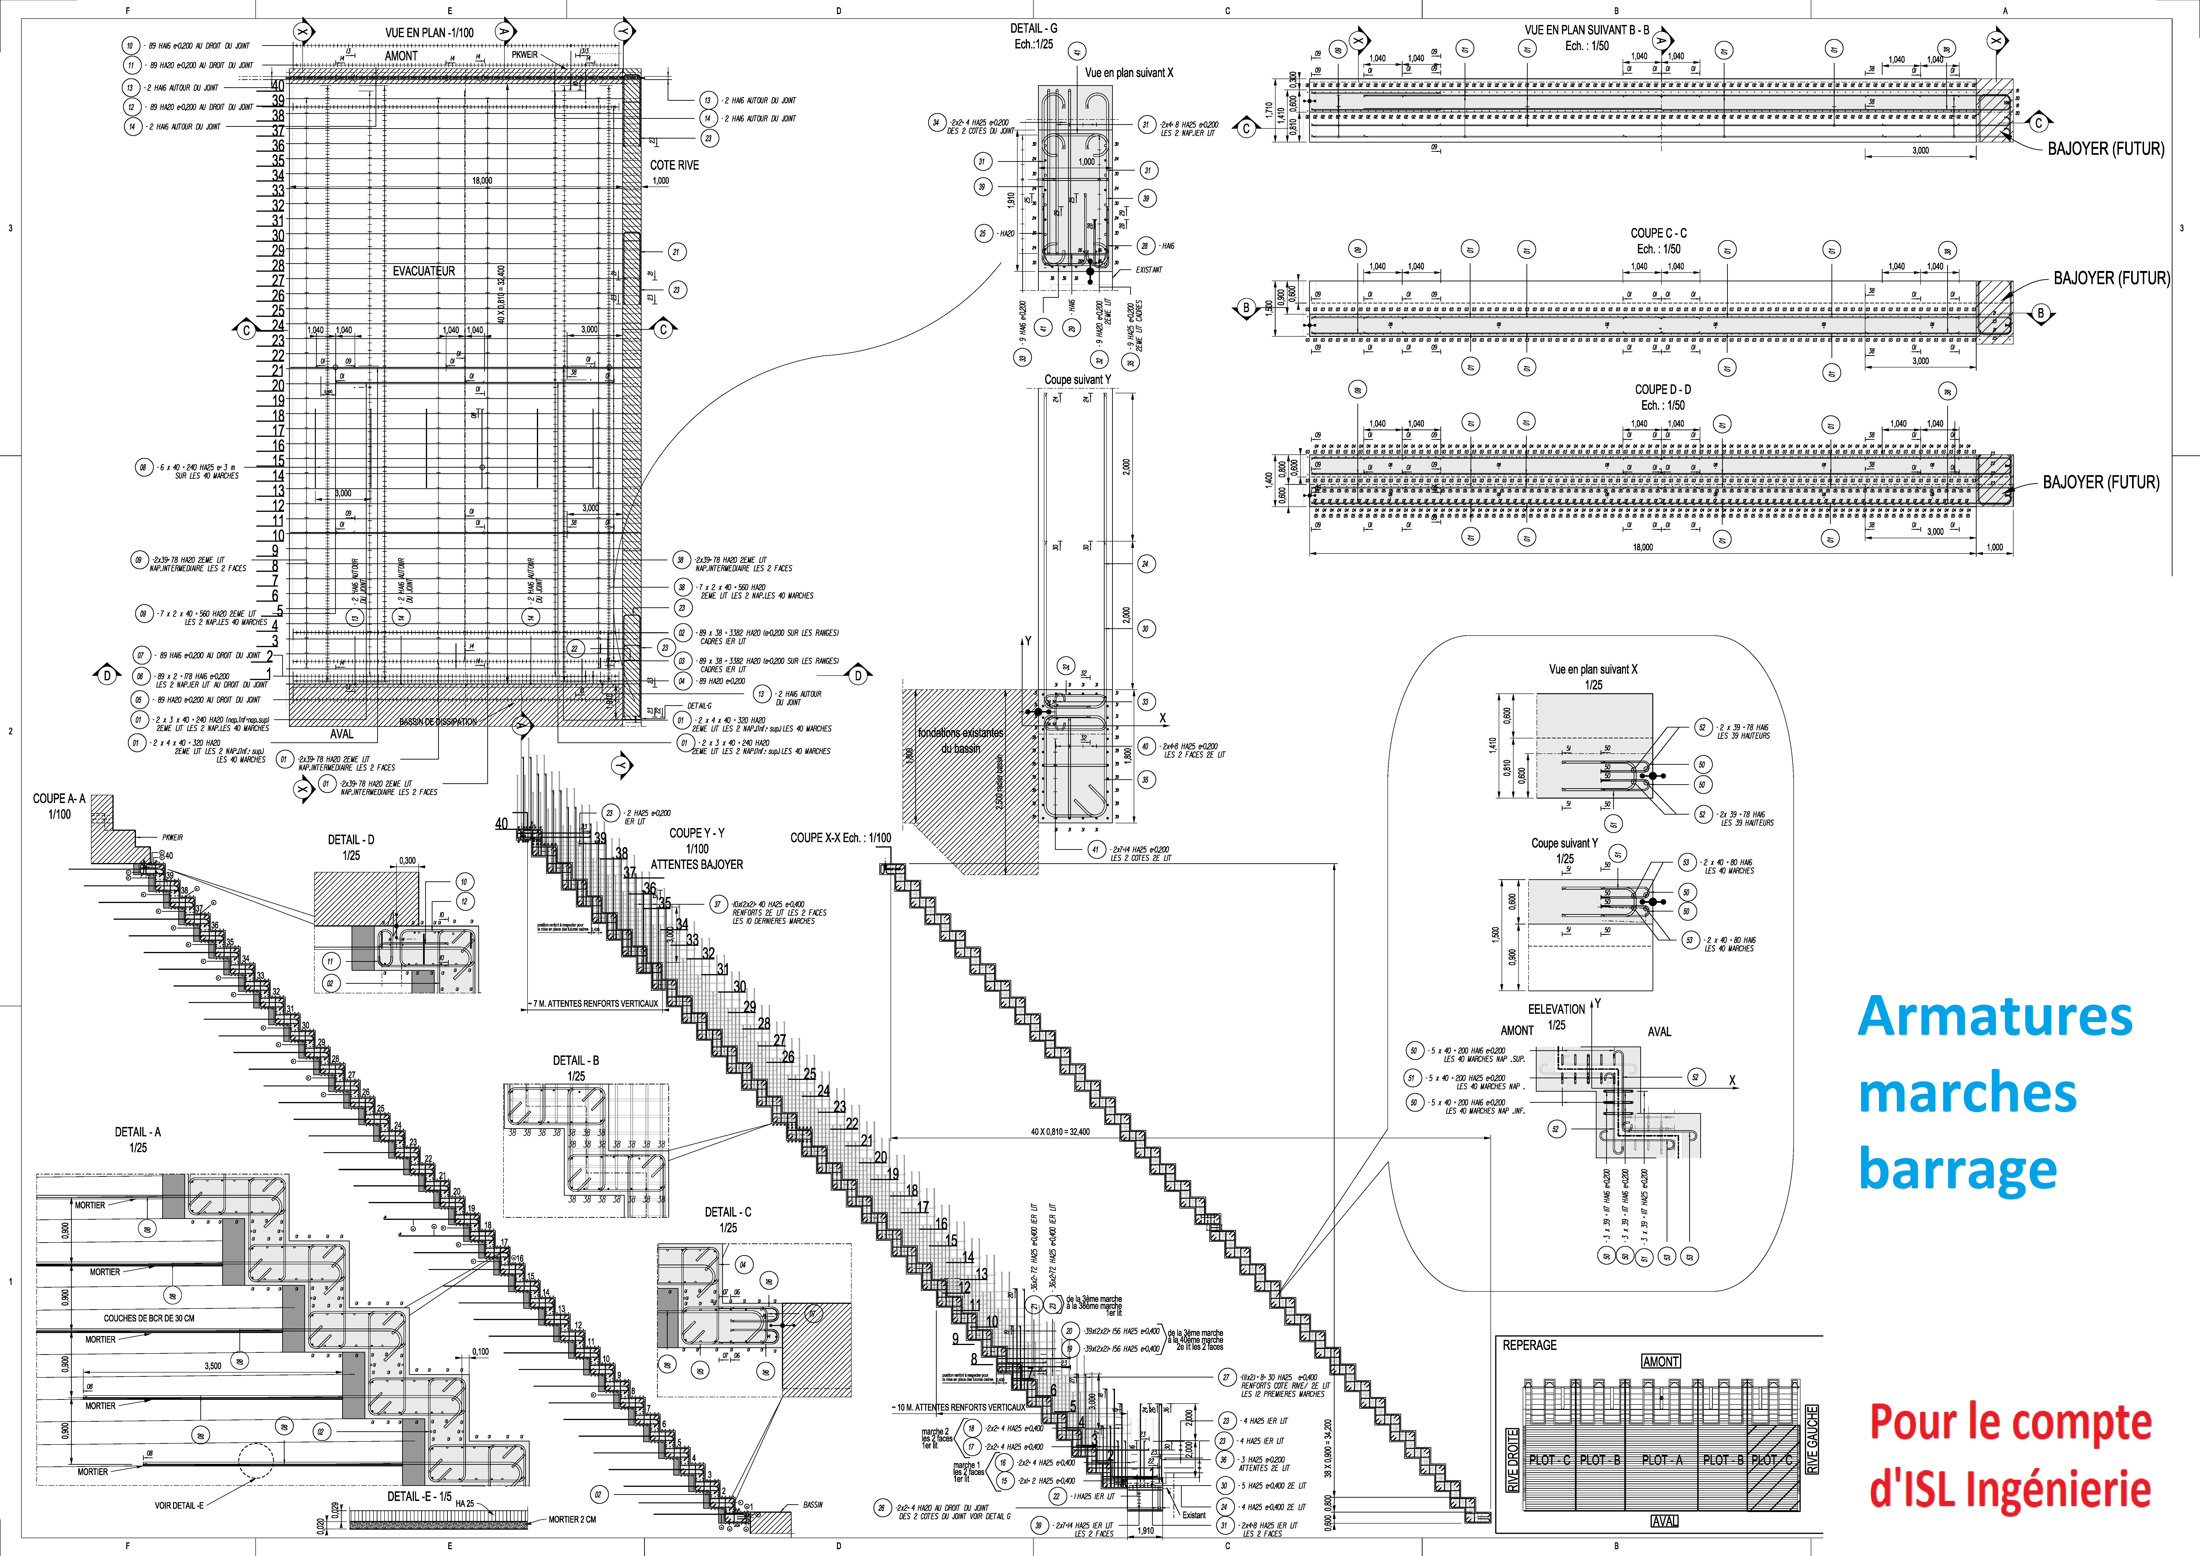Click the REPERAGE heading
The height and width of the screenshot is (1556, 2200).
point(1529,1345)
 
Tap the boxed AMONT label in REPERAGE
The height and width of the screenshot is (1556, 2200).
point(1661,1361)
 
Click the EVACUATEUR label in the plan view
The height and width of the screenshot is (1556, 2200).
point(424,271)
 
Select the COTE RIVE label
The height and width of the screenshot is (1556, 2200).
point(674,165)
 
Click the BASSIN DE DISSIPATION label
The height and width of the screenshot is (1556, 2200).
point(438,721)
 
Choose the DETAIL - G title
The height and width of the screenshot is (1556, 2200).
point(1034,29)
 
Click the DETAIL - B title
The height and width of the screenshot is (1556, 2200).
point(576,1061)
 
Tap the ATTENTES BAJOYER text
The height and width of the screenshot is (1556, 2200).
point(697,864)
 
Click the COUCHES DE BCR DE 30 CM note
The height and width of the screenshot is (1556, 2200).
point(150,1318)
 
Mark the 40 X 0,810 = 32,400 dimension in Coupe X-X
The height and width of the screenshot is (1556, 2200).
point(1060,1132)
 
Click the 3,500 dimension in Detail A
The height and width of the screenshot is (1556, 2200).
point(213,1366)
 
